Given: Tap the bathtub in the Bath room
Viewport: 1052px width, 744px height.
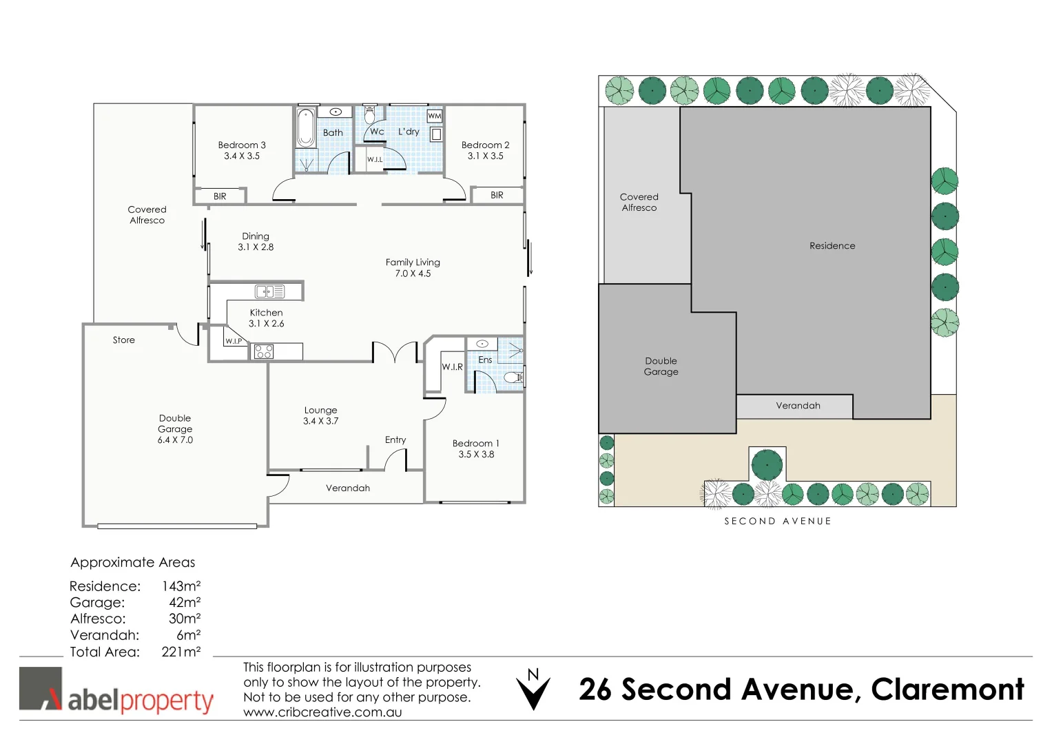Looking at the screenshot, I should (x=305, y=127).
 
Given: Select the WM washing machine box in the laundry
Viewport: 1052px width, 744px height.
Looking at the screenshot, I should (x=434, y=116).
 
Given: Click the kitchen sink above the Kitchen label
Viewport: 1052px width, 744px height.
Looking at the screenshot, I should (x=269, y=292).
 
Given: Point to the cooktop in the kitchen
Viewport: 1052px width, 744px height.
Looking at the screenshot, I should (x=264, y=352).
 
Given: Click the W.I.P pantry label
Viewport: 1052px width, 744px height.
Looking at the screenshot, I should (x=234, y=341).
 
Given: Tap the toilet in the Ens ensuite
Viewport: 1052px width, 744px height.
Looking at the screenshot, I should (x=513, y=378).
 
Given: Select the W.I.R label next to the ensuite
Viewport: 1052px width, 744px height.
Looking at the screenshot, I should (x=452, y=367).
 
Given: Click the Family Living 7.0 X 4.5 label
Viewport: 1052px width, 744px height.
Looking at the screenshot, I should (x=413, y=268).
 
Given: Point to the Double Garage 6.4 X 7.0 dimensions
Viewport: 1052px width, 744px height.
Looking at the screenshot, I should (x=175, y=440).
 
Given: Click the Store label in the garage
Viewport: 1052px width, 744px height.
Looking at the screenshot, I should (x=124, y=340).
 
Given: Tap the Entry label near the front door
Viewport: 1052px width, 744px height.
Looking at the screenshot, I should (x=395, y=440).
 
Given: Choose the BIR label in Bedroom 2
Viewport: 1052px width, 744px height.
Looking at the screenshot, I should (x=497, y=196).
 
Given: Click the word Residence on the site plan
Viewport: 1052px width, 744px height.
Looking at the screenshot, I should (x=832, y=246).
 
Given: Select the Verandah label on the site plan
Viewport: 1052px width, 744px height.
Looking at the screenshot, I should (x=798, y=406).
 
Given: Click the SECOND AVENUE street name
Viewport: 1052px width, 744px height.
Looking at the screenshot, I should (x=778, y=521).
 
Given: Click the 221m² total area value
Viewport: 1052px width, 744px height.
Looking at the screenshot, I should (x=181, y=652).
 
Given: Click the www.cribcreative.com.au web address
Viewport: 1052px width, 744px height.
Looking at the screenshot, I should (x=322, y=713).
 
